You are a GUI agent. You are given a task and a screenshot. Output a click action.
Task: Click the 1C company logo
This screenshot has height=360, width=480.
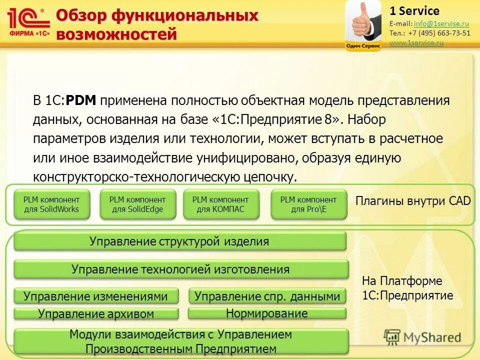tap(29, 21)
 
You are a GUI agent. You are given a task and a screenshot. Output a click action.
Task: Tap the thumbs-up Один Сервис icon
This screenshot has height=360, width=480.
tap(363, 25)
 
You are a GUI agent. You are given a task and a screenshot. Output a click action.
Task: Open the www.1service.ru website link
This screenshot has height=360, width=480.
tap(416, 43)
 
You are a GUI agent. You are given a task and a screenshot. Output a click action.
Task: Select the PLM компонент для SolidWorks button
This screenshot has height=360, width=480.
tap(51, 204)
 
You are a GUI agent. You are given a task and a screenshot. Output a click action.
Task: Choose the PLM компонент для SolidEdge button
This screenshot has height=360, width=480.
tap(137, 204)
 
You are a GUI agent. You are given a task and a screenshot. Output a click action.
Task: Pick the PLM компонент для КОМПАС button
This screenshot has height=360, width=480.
tap(220, 204)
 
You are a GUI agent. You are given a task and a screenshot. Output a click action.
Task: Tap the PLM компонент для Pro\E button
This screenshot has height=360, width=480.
tap(308, 204)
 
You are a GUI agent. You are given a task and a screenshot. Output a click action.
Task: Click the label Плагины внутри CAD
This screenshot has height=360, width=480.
tap(413, 201)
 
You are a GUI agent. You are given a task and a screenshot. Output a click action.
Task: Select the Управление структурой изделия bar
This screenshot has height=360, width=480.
tap(179, 241)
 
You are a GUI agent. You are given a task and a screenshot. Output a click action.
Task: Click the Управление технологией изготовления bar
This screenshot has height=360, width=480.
tap(180, 269)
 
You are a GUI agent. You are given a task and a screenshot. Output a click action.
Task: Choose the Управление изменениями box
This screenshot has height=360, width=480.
tap(96, 296)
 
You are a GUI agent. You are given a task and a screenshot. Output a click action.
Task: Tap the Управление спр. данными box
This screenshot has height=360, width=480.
tap(267, 296)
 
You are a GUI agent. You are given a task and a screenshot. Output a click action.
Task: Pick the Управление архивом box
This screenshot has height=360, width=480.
tap(96, 314)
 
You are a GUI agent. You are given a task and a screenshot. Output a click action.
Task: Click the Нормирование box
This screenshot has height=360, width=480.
tap(267, 313)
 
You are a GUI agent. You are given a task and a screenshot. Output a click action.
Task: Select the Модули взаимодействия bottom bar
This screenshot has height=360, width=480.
tap(180, 341)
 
